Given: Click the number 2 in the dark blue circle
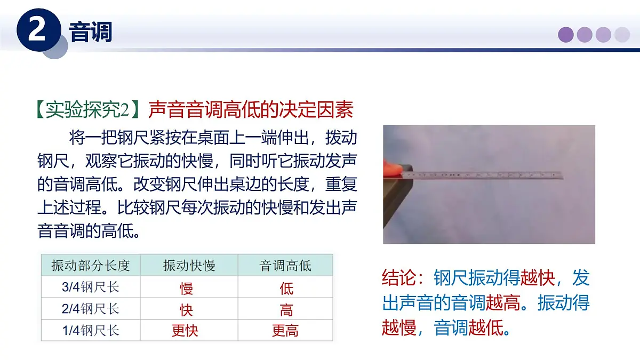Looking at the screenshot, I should [37, 31].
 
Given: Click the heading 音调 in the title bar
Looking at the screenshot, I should [91, 33].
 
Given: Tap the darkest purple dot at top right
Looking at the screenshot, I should [566, 35].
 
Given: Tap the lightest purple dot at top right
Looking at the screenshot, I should [622, 35].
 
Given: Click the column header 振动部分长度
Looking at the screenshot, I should [91, 266].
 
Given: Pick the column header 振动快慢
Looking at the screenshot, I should [189, 266].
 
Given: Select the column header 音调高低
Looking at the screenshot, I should [285, 266].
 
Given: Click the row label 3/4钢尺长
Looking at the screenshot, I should [91, 287].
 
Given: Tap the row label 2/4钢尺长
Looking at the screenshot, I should [91, 309].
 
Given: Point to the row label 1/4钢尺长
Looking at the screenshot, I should [91, 330].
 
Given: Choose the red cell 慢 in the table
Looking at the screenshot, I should [186, 289].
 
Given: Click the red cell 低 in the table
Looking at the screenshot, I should [286, 289].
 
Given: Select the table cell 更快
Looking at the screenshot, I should [185, 331].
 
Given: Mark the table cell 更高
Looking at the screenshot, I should [285, 331].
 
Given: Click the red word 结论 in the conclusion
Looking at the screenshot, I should [399, 278].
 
